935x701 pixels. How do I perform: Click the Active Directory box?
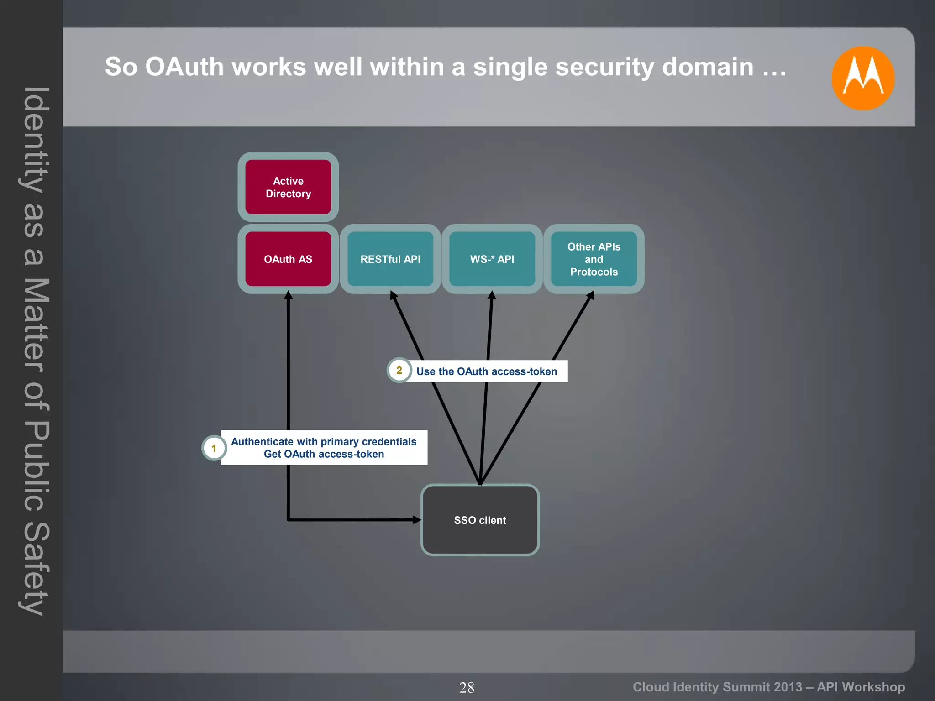(288, 187)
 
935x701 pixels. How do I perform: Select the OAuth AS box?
(288, 259)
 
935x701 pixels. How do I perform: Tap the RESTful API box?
(390, 259)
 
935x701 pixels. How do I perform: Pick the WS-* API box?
(492, 259)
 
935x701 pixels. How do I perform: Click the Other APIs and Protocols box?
(594, 259)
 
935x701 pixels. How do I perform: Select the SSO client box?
(480, 520)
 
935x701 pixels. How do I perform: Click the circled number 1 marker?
(214, 448)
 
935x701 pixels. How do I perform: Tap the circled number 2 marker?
(399, 370)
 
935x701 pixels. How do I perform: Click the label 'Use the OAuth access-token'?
(487, 371)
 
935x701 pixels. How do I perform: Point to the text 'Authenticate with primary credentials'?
(324, 441)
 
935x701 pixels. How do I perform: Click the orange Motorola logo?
(862, 78)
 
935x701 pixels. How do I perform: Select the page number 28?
(467, 687)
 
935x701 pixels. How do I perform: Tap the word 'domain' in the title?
(708, 67)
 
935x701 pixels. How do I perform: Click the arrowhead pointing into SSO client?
(416, 519)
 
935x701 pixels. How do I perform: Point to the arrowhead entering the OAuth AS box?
(288, 295)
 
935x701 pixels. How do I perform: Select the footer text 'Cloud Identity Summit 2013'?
(717, 687)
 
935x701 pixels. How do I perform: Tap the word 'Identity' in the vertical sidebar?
(34, 139)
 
